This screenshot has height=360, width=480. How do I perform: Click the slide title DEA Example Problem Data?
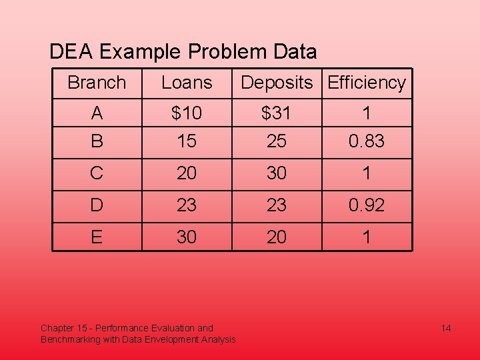click(183, 51)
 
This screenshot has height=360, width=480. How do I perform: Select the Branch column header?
click(97, 83)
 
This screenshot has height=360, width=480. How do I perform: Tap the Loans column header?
click(187, 83)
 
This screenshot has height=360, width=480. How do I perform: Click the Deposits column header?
click(276, 83)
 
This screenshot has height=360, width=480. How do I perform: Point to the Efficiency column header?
click(367, 83)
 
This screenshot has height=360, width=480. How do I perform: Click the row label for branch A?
click(97, 113)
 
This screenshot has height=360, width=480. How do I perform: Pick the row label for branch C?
click(97, 173)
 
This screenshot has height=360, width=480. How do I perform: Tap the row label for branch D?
click(97, 205)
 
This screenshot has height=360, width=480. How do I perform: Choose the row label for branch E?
click(97, 237)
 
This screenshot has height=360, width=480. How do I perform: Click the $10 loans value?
click(187, 113)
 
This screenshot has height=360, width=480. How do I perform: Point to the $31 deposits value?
click(276, 113)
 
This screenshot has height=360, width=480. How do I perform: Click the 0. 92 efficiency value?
click(367, 205)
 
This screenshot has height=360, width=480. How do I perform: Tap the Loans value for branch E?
click(187, 237)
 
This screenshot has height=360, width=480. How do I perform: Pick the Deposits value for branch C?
click(276, 173)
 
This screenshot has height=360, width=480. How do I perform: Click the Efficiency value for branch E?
click(367, 237)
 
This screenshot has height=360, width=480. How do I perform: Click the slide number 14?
click(446, 328)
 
